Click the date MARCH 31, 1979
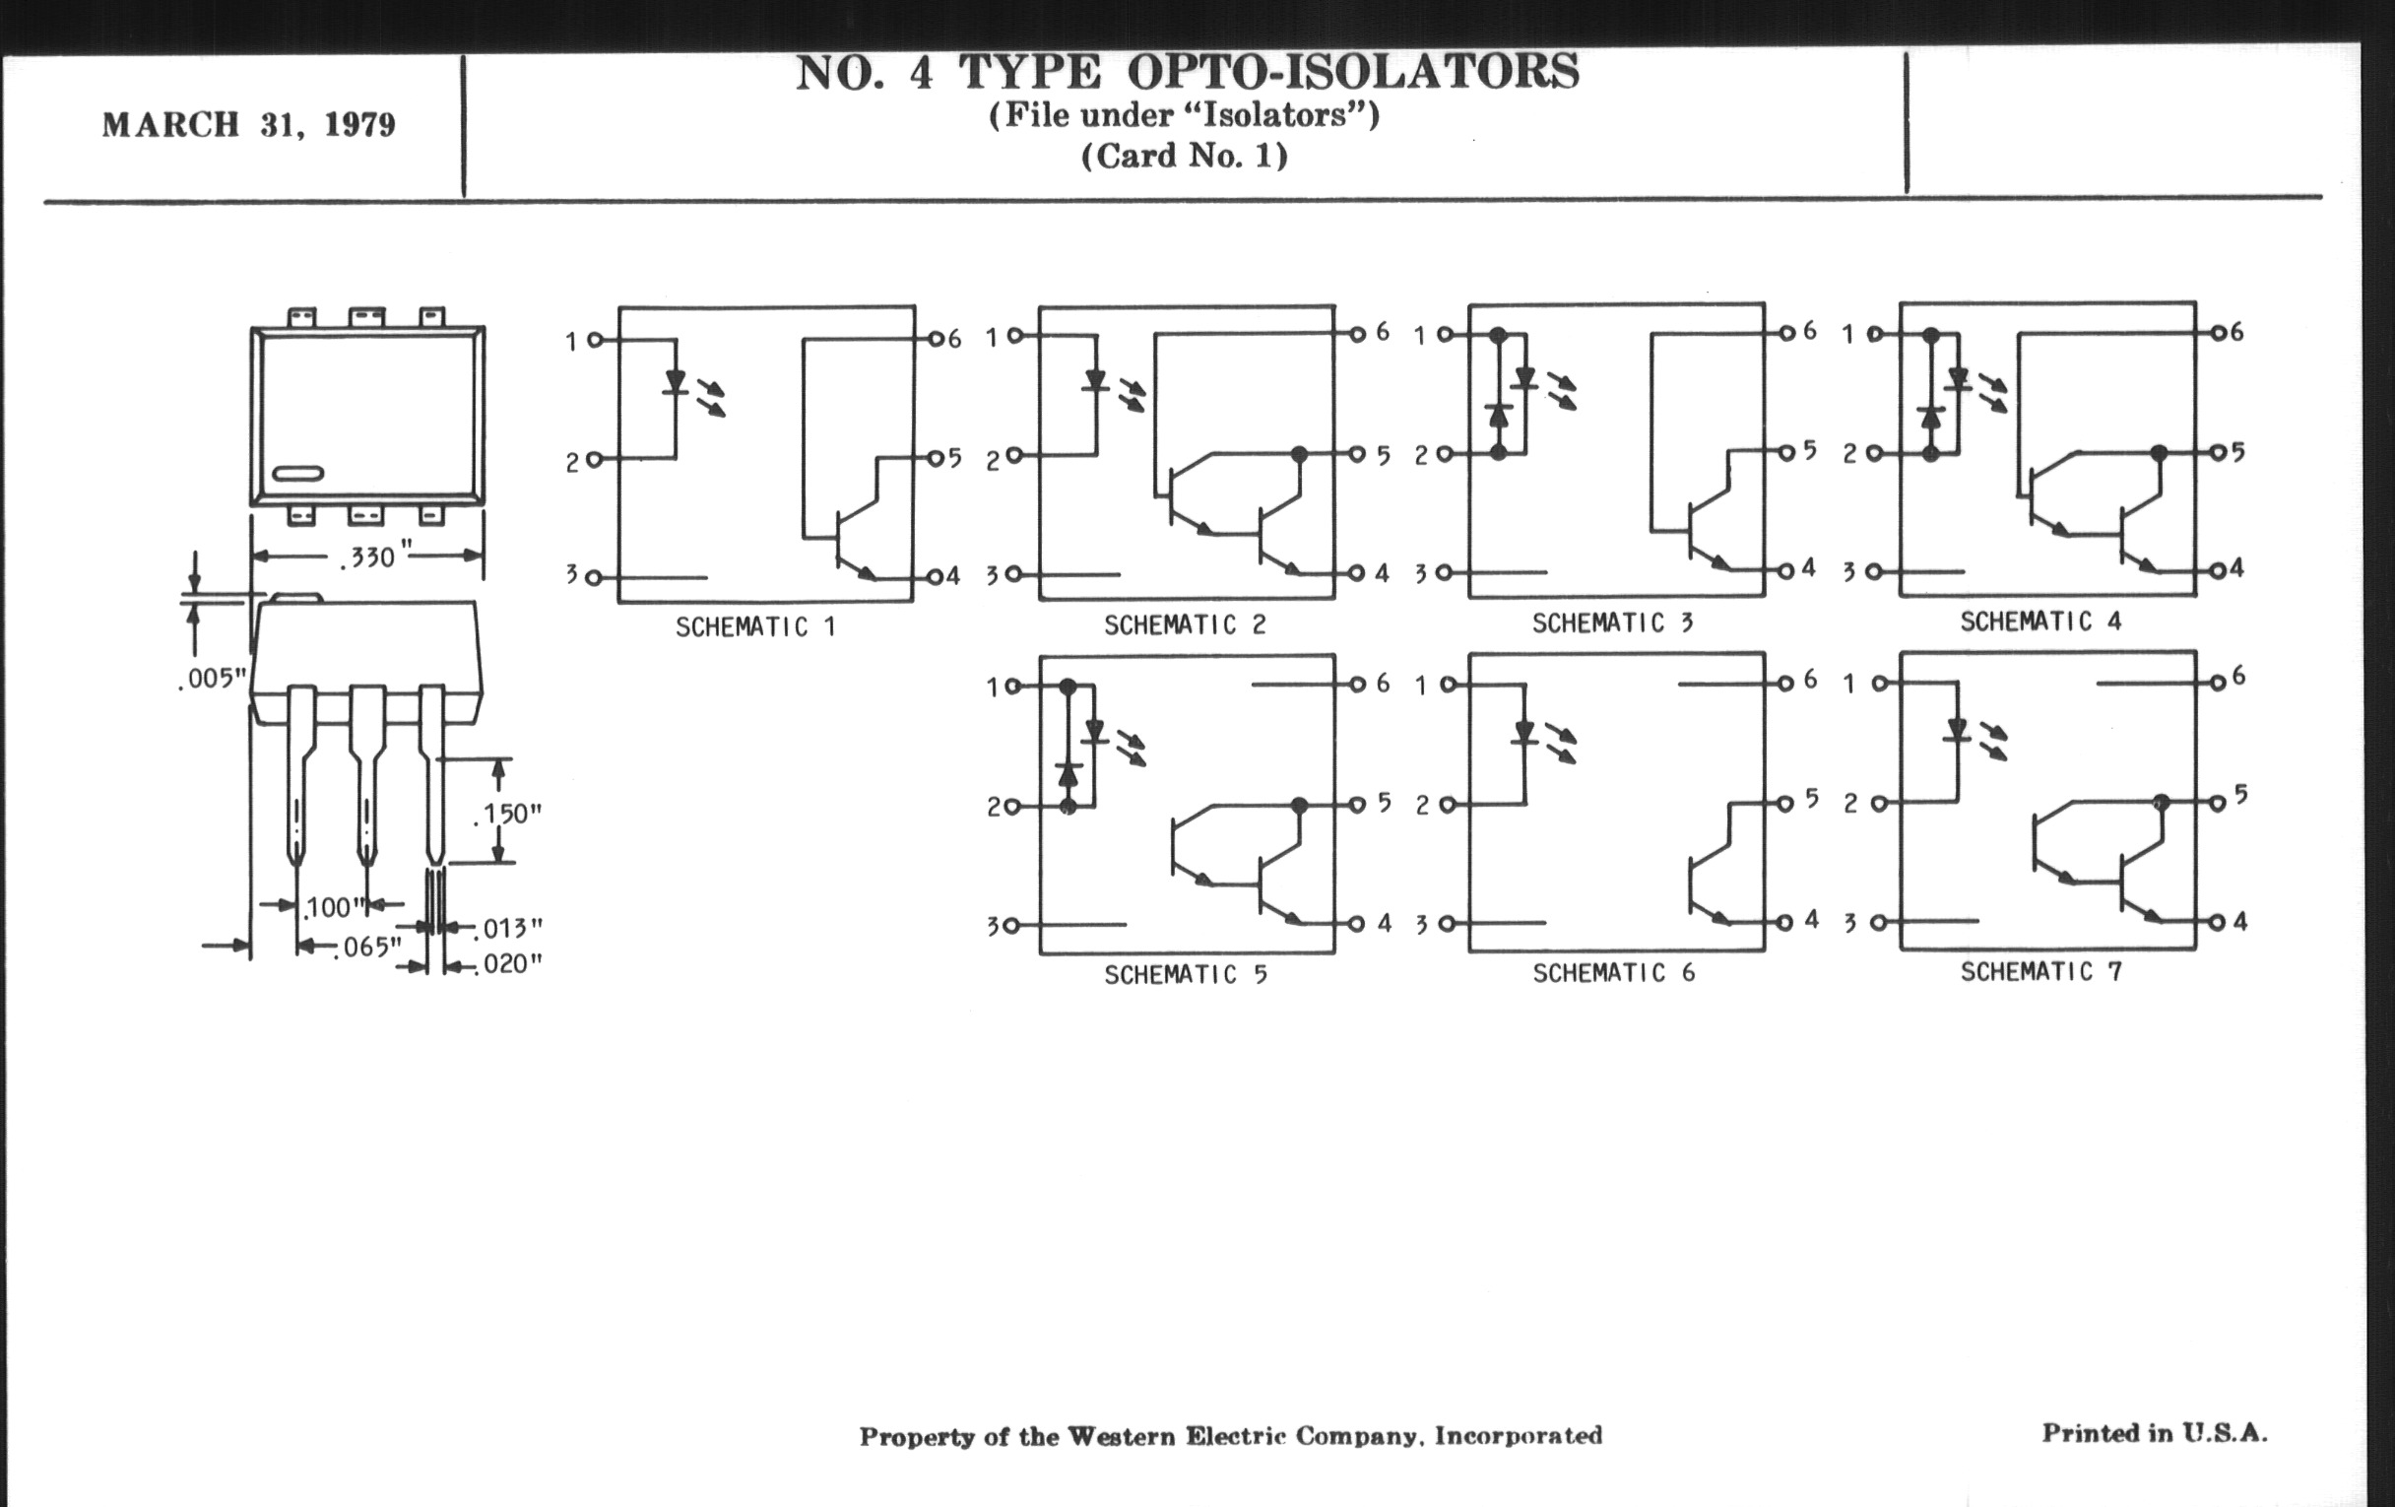(x=248, y=125)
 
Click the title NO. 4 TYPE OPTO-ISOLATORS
(x=1188, y=72)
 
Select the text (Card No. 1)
(x=1185, y=157)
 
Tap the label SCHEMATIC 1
(x=756, y=626)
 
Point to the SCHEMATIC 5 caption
(x=1186, y=974)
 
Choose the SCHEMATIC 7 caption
(x=2041, y=971)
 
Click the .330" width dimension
(x=368, y=557)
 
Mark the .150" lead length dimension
(x=507, y=814)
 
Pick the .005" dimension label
(x=211, y=680)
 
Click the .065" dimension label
(x=367, y=947)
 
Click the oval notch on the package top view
(x=298, y=474)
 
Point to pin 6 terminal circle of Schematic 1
(x=934, y=340)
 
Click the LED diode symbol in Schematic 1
(x=677, y=382)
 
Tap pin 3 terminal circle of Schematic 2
(x=1013, y=574)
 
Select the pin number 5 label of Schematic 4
(x=2237, y=451)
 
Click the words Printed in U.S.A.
(x=2156, y=1433)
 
